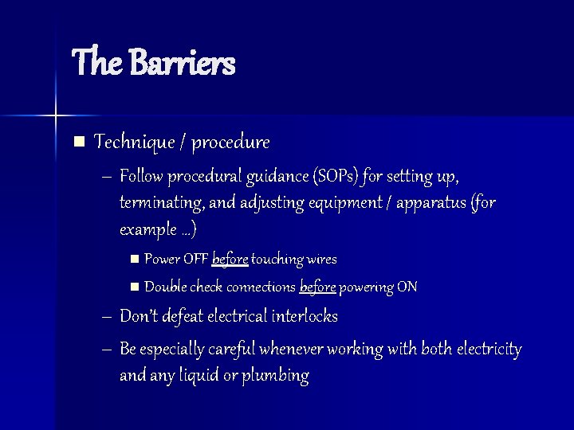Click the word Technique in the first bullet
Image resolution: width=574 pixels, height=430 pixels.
click(132, 143)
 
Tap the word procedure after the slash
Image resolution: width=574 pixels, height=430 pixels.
click(231, 143)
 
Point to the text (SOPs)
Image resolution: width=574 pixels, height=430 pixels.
click(340, 175)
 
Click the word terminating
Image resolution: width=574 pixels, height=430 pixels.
click(159, 203)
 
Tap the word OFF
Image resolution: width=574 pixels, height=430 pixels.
click(196, 260)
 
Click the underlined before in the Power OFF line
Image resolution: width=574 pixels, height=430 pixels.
click(230, 260)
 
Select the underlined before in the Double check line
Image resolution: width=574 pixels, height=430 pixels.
click(318, 287)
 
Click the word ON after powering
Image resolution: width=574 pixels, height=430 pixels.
click(407, 287)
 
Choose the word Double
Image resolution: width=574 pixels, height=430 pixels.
click(164, 287)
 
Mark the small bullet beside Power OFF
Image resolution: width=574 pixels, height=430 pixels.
click(134, 260)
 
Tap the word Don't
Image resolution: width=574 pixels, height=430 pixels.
click(140, 317)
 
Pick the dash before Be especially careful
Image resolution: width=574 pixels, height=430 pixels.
click(107, 350)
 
